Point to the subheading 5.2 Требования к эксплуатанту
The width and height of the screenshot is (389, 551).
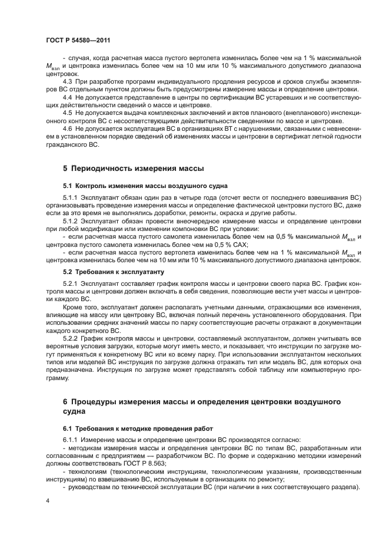pos(114,272)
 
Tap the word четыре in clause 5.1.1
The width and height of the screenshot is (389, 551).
pos(184,197)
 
